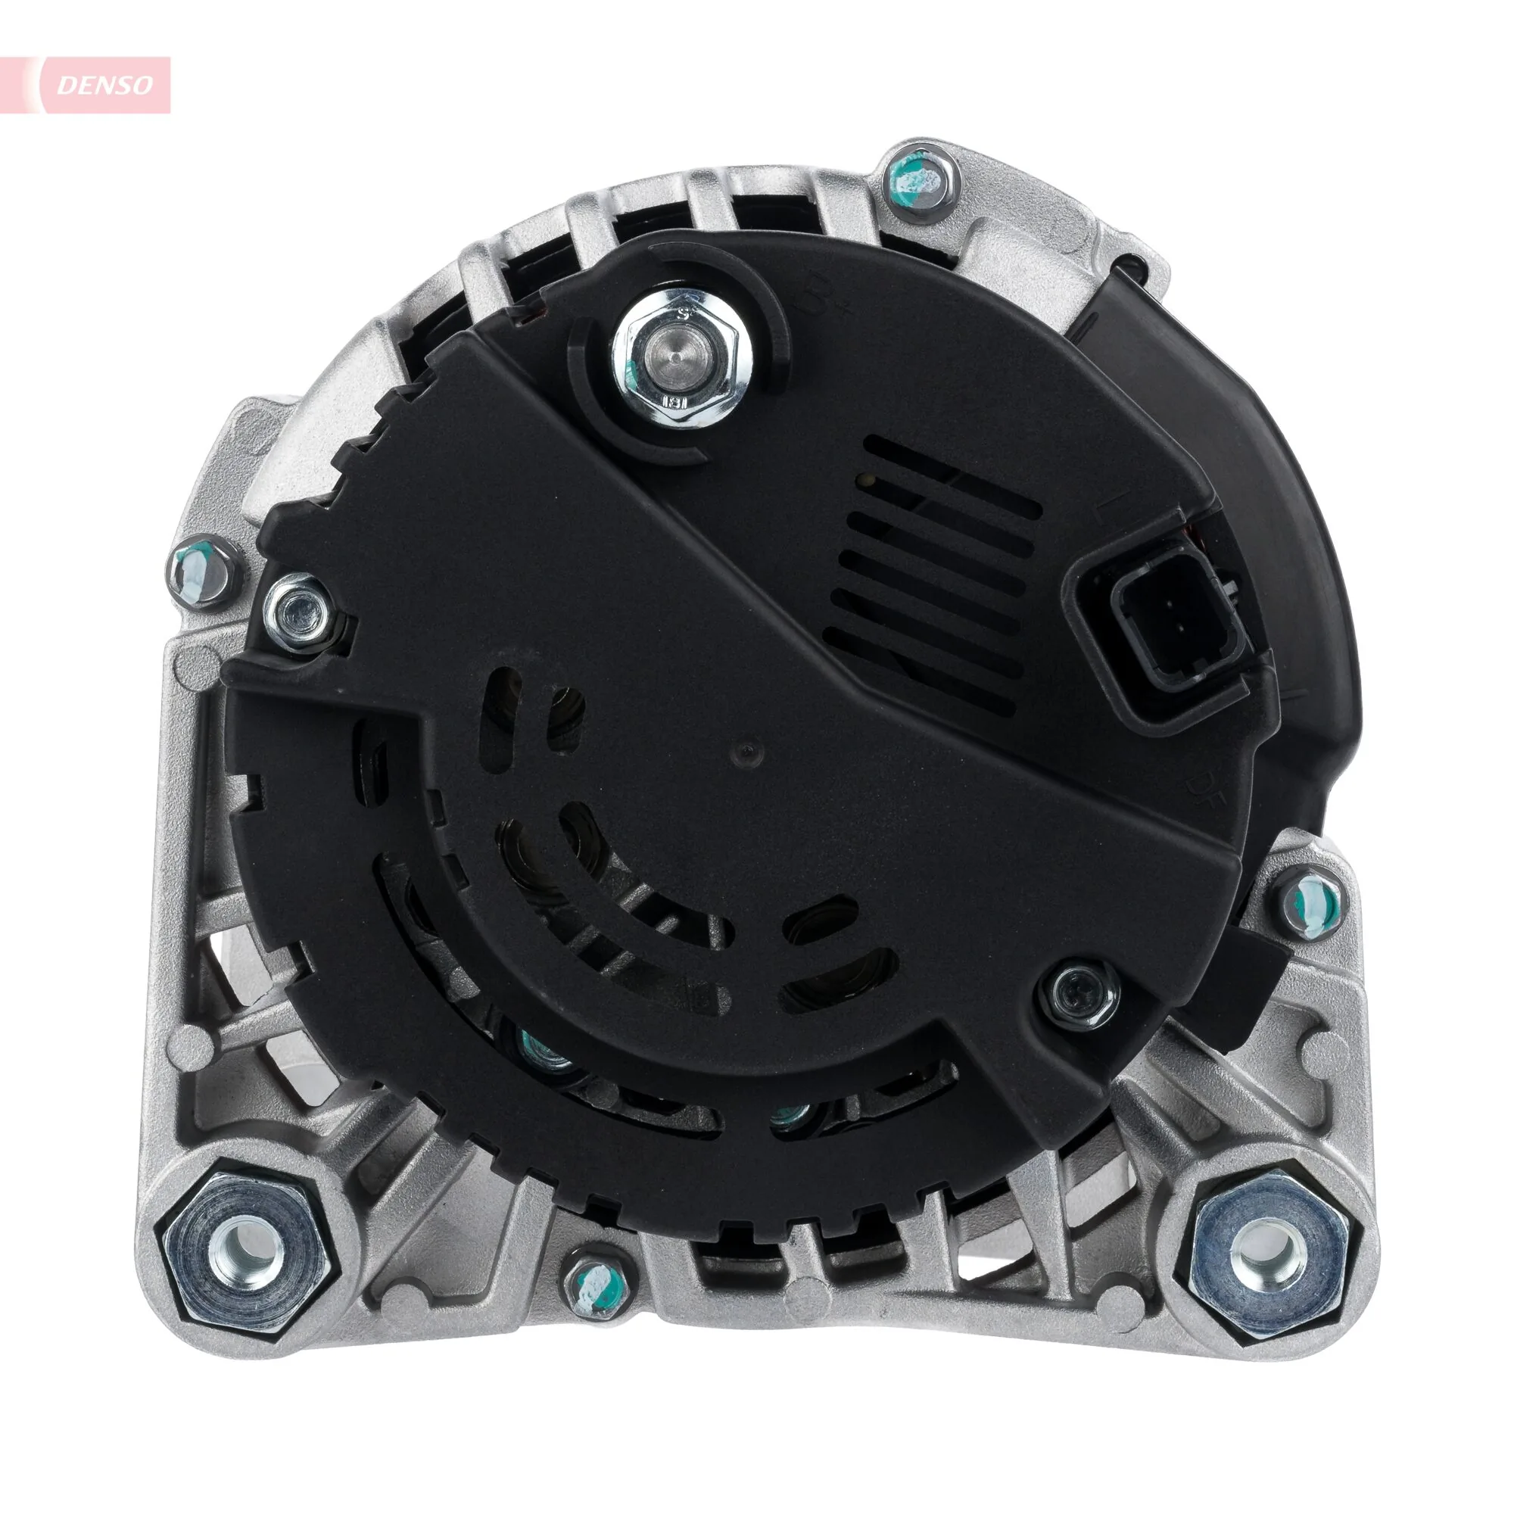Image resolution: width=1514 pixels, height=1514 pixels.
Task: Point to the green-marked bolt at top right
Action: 921,182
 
